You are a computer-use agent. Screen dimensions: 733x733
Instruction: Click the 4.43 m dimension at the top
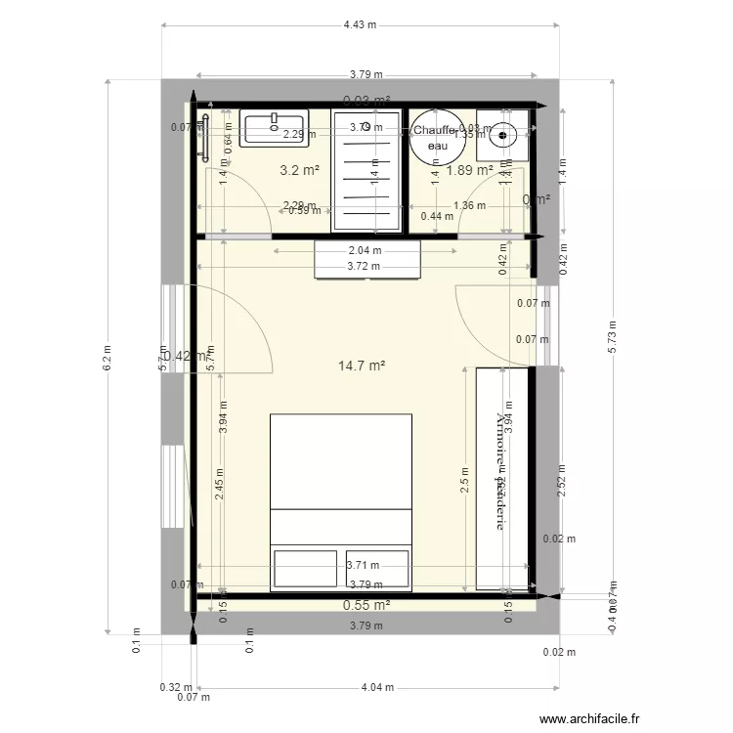361,25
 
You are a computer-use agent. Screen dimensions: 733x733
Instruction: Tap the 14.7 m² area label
361,366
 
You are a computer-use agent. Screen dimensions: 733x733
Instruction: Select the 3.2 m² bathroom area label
300,170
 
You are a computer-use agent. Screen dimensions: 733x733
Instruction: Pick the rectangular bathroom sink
275,129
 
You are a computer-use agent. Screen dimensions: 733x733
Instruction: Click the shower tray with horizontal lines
366,170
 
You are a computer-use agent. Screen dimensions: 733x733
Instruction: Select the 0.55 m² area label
366,606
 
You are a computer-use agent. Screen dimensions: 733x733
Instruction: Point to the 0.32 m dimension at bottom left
169,687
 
